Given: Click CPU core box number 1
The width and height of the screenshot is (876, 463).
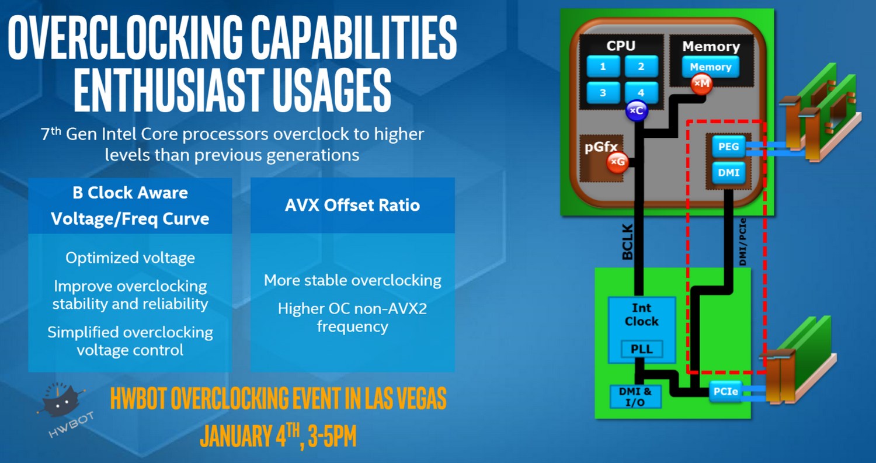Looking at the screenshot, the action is (x=603, y=67).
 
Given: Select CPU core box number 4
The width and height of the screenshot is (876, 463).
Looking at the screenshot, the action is (x=641, y=93).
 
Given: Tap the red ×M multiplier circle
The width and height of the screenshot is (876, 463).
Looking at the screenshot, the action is (x=701, y=84).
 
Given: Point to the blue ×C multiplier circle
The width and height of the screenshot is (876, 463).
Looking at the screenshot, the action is (x=637, y=111).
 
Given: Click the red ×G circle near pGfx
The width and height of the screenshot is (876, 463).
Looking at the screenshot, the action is (x=617, y=162).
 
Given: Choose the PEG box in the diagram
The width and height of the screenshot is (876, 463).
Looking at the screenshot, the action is (x=729, y=147).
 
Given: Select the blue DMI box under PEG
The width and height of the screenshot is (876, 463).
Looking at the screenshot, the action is (x=729, y=172).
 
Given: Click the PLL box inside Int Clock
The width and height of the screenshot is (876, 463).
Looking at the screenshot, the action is (x=642, y=349).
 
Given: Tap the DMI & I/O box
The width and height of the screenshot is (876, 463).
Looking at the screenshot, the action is (x=635, y=396).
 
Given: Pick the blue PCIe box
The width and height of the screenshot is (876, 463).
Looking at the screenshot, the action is (x=725, y=391).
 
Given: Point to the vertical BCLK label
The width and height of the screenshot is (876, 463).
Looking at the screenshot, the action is (x=627, y=242).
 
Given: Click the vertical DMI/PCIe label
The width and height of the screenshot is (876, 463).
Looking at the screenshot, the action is (x=743, y=242).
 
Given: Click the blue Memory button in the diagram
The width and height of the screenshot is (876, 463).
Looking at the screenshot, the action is (x=711, y=67).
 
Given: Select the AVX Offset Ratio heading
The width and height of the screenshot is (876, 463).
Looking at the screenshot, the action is (x=352, y=205).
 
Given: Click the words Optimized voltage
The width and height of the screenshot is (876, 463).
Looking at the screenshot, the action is (x=130, y=257).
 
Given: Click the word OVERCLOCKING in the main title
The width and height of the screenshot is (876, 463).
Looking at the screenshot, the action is (x=126, y=38).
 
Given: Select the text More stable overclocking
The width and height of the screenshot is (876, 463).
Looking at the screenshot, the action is (x=352, y=280).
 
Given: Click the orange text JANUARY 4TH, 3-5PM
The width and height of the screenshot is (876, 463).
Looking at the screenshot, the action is (x=278, y=435).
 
